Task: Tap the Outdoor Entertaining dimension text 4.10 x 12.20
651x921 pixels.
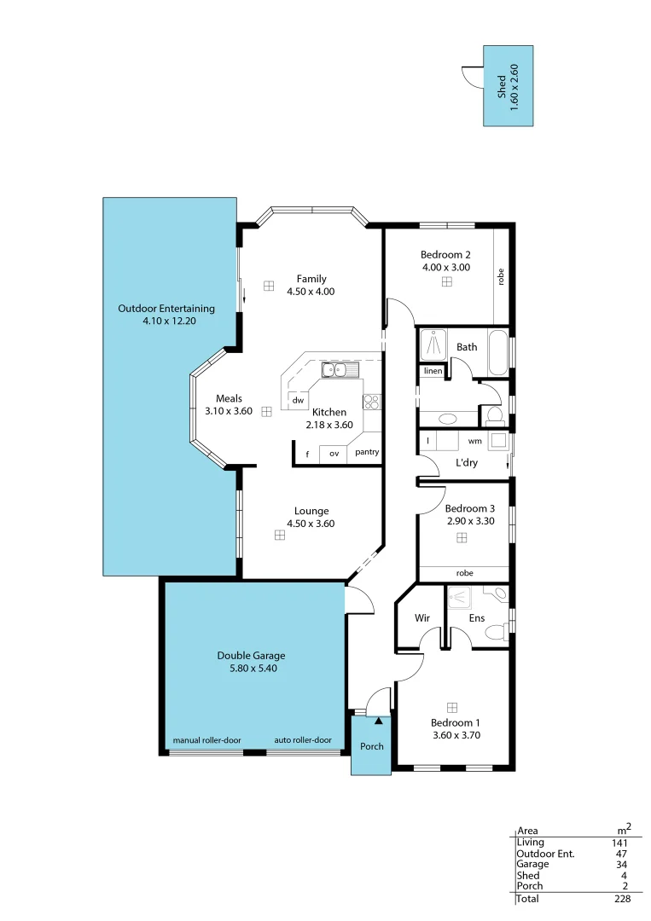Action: point(166,321)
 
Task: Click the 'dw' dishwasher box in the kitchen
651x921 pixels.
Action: point(298,400)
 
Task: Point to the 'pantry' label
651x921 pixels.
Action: point(367,453)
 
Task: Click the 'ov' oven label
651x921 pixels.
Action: point(334,454)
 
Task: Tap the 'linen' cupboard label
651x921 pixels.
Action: point(433,371)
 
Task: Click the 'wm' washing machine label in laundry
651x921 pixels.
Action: point(474,441)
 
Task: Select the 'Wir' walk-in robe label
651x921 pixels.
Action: point(421,617)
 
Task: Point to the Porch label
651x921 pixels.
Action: point(371,746)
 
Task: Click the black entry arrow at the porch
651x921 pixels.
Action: point(379,721)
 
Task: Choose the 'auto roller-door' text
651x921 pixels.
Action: point(303,740)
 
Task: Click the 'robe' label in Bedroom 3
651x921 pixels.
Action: point(465,573)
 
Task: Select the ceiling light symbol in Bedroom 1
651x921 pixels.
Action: point(452,707)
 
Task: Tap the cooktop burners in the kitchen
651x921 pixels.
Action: point(371,401)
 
